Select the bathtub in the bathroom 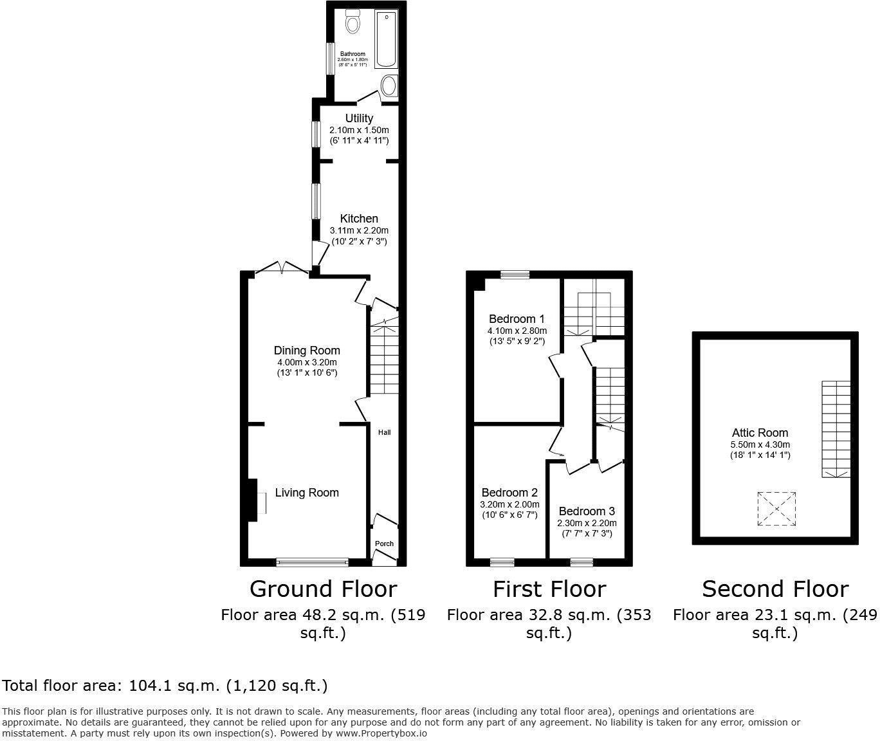tap(386, 39)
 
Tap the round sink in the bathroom tap(389, 86)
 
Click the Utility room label tap(359, 118)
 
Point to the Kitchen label tap(359, 219)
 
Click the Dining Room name tap(307, 351)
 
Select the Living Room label tap(307, 493)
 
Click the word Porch tap(384, 544)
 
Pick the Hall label tap(384, 432)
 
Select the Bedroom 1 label tap(517, 319)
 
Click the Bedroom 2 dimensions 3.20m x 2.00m tap(509, 504)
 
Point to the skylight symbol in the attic tap(777, 509)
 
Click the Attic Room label tap(760, 433)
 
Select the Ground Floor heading tap(323, 589)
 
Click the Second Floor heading tap(775, 589)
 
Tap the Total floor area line tap(165, 686)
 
